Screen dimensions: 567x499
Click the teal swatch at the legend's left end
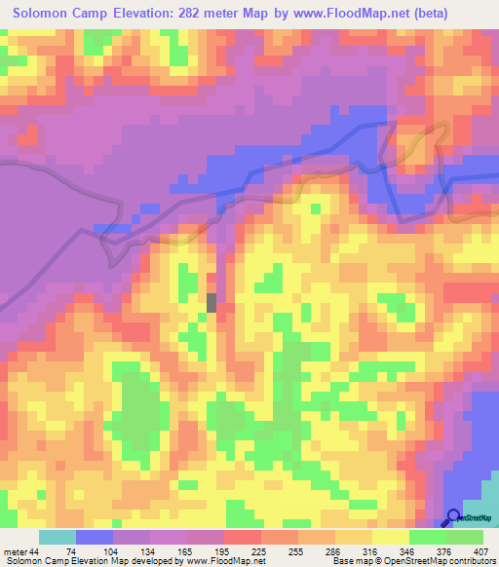click(57, 537)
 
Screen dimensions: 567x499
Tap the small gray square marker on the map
click(211, 302)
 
